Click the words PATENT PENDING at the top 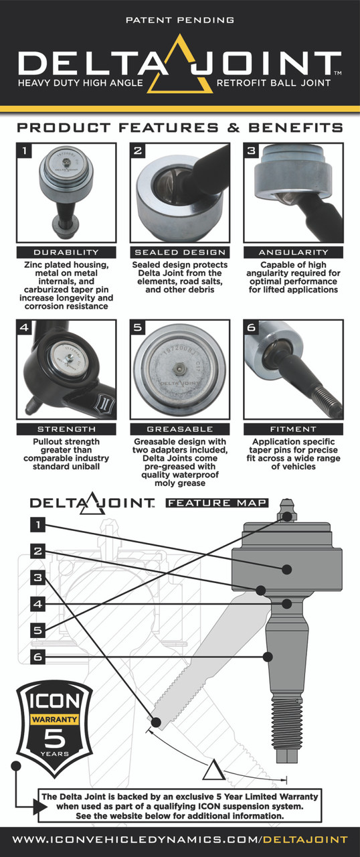tap(179, 21)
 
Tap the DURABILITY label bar tap(66, 252)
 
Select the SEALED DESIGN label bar tap(179, 252)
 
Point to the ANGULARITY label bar tap(293, 252)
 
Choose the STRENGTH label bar tap(66, 428)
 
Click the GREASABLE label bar tap(179, 428)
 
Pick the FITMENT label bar tap(293, 428)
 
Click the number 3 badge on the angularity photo tap(252, 151)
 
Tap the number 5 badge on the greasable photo tap(138, 328)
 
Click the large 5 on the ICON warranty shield tap(53, 743)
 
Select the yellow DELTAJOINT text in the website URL tap(304, 839)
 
